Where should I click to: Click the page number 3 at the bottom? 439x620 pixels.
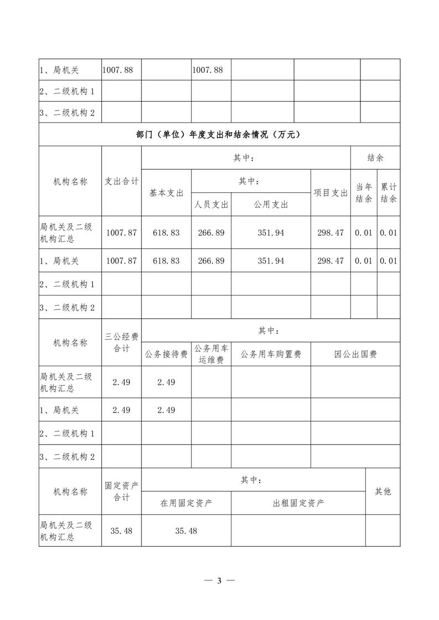pyautogui.click(x=219, y=581)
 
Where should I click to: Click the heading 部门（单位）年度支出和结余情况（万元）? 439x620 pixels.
pyautogui.click(x=219, y=134)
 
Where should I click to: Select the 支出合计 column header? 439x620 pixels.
pyautogui.click(x=121, y=181)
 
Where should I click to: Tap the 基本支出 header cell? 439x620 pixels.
pyautogui.click(x=166, y=193)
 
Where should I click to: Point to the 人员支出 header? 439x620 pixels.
pyautogui.click(x=211, y=204)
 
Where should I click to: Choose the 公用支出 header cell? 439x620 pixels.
pyautogui.click(x=271, y=204)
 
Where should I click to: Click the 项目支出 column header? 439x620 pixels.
pyautogui.click(x=330, y=193)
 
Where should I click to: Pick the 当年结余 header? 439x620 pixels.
pyautogui.click(x=363, y=193)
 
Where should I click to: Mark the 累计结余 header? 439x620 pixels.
pyautogui.click(x=389, y=193)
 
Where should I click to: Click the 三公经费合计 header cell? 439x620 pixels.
pyautogui.click(x=121, y=342)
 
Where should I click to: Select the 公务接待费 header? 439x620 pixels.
pyautogui.click(x=166, y=354)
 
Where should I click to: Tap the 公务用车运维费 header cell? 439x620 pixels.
pyautogui.click(x=211, y=354)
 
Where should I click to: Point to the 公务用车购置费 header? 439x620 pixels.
pyautogui.click(x=271, y=354)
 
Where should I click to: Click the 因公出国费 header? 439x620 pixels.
pyautogui.click(x=355, y=354)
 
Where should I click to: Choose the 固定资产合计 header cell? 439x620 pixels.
pyautogui.click(x=121, y=491)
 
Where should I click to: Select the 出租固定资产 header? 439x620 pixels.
pyautogui.click(x=298, y=503)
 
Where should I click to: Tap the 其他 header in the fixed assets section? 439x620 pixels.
pyautogui.click(x=383, y=491)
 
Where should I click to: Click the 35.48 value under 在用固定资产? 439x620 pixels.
pyautogui.click(x=186, y=530)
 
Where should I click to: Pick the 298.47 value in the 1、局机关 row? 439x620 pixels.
pyautogui.click(x=330, y=260)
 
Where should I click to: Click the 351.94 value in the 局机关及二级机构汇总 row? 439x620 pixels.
pyautogui.click(x=271, y=233)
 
